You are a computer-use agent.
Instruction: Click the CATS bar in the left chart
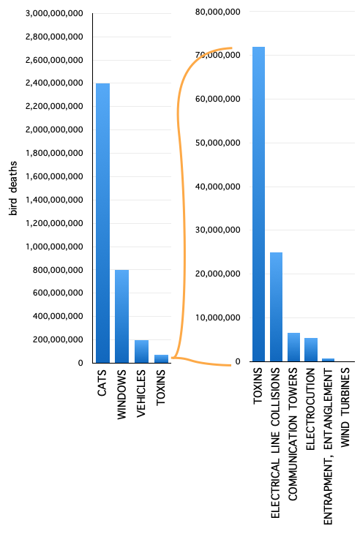[x=103, y=223]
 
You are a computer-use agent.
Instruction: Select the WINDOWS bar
[x=122, y=317]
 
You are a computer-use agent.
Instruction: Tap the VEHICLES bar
[x=141, y=351]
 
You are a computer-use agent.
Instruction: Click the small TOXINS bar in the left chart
[x=162, y=359]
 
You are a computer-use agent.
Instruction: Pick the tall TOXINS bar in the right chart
[x=258, y=204]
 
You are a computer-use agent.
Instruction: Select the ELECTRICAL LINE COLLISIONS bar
[x=276, y=307]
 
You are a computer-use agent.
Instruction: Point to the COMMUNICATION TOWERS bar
[x=293, y=347]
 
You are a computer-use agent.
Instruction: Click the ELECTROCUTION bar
[x=311, y=350]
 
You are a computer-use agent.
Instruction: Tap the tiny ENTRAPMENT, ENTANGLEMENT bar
[x=329, y=360]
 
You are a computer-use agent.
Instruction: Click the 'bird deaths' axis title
[x=13, y=188]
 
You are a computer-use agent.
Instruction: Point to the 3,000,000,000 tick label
[x=54, y=14]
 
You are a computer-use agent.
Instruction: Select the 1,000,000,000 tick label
[x=54, y=247]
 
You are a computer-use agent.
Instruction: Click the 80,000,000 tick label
[x=217, y=12]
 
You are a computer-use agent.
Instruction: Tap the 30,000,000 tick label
[x=217, y=230]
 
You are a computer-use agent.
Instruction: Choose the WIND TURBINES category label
[x=345, y=407]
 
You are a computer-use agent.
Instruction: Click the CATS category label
[x=102, y=383]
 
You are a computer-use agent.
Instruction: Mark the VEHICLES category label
[x=140, y=394]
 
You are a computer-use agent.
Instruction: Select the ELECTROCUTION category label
[x=310, y=409]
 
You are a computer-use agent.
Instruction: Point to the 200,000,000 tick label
[x=58, y=339]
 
